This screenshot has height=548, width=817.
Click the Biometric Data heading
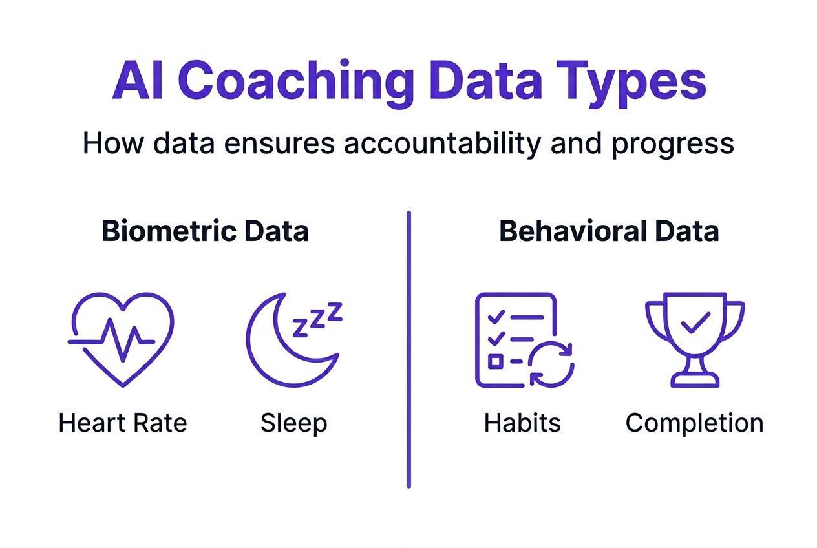(x=206, y=232)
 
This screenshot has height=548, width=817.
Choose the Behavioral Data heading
(x=609, y=232)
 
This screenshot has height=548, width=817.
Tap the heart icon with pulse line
(x=121, y=339)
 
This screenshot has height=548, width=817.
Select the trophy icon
(x=695, y=341)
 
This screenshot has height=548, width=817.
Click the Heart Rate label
(x=123, y=423)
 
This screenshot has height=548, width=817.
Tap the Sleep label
(x=294, y=423)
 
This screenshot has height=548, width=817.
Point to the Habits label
(x=522, y=423)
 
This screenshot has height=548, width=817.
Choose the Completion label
(x=695, y=423)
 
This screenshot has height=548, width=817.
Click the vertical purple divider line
(x=408, y=349)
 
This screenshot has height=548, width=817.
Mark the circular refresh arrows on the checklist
(x=551, y=364)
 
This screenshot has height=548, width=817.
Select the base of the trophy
(x=695, y=379)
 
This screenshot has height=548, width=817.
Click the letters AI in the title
(x=137, y=82)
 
